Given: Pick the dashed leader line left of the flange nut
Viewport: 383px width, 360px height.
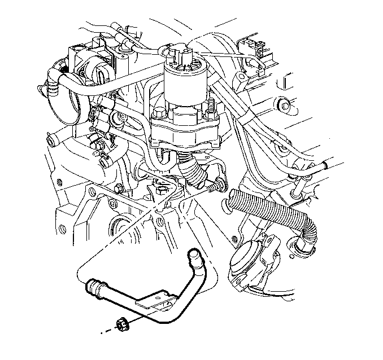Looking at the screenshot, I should click(x=107, y=329).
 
